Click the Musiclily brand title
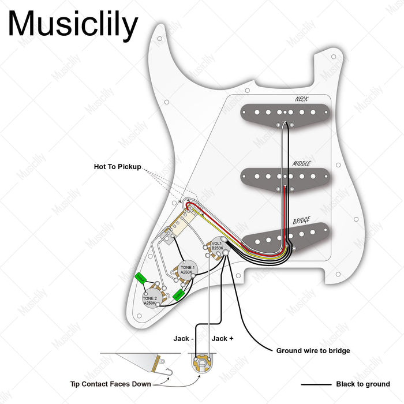pyautogui.click(x=73, y=24)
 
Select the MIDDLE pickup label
pyautogui.click(x=302, y=163)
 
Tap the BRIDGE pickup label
pyautogui.click(x=302, y=220)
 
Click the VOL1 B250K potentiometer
pyautogui.click(x=216, y=246)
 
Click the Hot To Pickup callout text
pyautogui.click(x=117, y=166)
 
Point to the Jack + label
pyautogui.click(x=223, y=339)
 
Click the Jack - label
pyautogui.click(x=184, y=339)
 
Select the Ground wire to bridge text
pyautogui.click(x=313, y=350)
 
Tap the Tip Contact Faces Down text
pyautogui.click(x=110, y=384)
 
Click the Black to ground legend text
pyautogui.click(x=363, y=384)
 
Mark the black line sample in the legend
pyautogui.click(x=315, y=384)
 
